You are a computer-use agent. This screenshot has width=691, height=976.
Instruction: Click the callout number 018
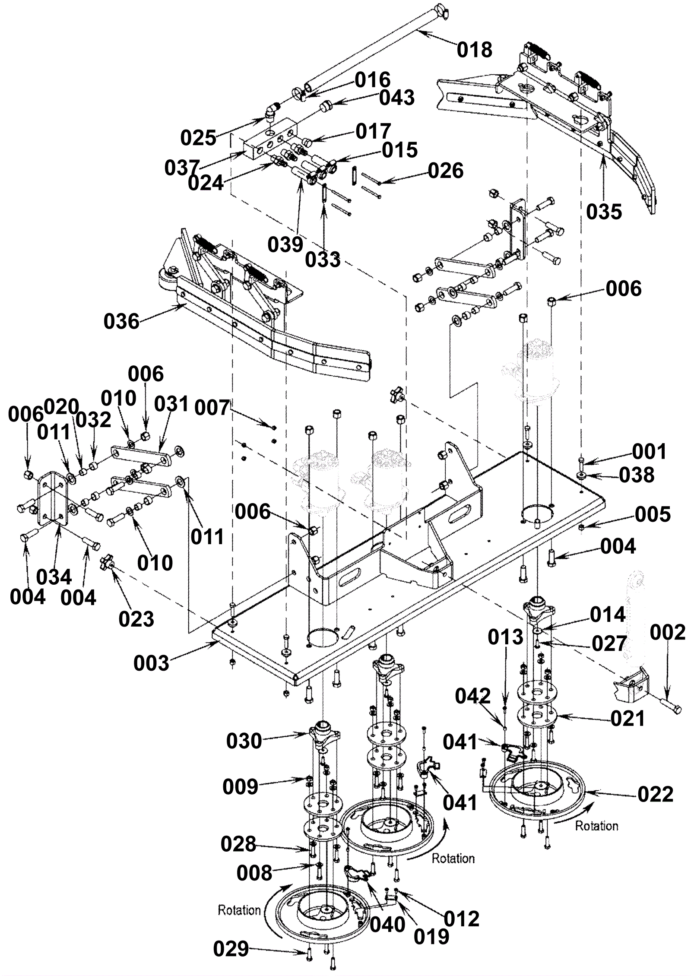[475, 50]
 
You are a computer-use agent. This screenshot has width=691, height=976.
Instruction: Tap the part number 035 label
[604, 212]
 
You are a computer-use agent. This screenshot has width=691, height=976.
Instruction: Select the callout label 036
[121, 322]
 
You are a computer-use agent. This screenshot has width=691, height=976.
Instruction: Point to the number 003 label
[151, 663]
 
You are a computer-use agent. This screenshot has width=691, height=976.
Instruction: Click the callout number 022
[656, 794]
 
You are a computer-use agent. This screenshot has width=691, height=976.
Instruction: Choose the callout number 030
[244, 741]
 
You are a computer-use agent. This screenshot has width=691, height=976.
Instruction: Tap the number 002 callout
[668, 633]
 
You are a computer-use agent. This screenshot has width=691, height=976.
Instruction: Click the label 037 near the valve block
[182, 168]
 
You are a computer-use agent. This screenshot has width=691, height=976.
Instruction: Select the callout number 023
[136, 619]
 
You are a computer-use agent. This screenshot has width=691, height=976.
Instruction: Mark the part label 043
[397, 98]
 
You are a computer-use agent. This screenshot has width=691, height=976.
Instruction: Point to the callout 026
[446, 171]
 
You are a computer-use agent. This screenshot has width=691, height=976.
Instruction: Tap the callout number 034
[54, 577]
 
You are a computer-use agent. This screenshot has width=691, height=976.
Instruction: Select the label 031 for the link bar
[172, 404]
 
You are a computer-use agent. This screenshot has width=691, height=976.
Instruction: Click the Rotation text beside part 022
[596, 826]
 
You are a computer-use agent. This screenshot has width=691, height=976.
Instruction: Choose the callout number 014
[608, 615]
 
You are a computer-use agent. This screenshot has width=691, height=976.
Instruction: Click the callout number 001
[650, 452]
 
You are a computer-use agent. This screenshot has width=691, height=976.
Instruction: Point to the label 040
[388, 925]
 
